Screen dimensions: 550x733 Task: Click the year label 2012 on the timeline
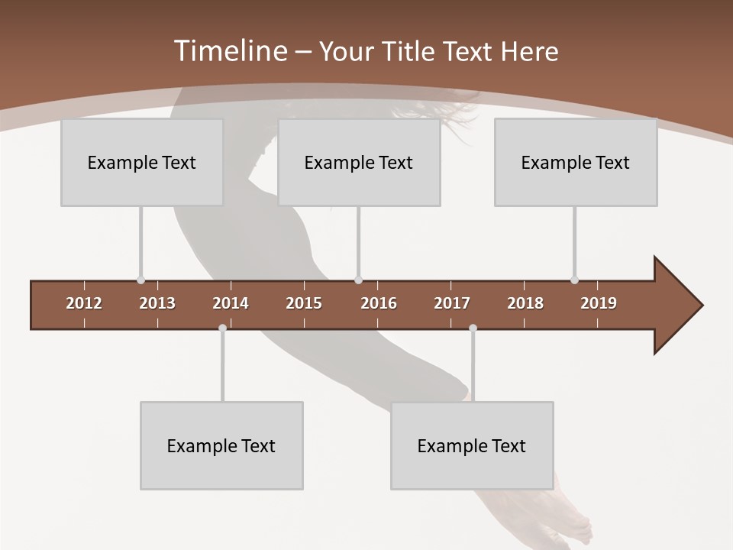tap(84, 303)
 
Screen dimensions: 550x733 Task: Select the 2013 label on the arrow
tap(157, 303)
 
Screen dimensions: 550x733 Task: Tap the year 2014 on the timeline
tap(231, 303)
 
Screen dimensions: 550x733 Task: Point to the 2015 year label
tap(304, 303)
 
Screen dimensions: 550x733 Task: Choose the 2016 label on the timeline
tap(379, 303)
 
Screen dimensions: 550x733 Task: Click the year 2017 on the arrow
tap(452, 303)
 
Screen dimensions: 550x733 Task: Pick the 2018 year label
tap(525, 303)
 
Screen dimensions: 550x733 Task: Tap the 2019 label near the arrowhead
tap(599, 303)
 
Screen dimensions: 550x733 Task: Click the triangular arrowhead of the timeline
tap(676, 306)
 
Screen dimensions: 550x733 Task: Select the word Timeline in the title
tap(228, 51)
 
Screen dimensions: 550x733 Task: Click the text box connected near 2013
tap(142, 162)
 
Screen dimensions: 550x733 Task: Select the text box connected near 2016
tap(359, 162)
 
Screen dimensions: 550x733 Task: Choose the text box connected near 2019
tap(576, 162)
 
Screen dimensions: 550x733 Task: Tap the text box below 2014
tap(221, 445)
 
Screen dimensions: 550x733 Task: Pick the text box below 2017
tap(472, 445)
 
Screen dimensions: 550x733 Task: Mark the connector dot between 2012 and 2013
tap(140, 280)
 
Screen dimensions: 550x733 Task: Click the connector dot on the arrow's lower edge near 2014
tap(222, 328)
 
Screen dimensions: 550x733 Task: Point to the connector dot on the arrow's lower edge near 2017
tap(473, 328)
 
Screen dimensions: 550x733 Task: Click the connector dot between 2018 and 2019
tap(574, 280)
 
